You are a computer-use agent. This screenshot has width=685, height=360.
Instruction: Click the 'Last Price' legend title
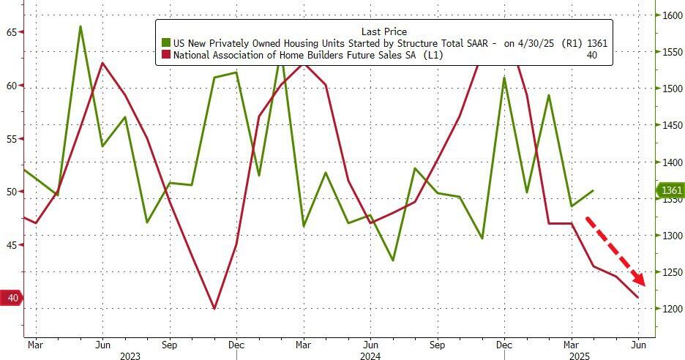tap(384, 31)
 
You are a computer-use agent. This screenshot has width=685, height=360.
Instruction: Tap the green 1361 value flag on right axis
tap(668, 191)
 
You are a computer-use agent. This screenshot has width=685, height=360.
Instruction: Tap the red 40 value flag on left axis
tap(12, 298)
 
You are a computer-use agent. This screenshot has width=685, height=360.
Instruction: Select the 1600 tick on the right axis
tap(672, 15)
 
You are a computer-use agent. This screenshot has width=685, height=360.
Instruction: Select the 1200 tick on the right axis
tap(672, 309)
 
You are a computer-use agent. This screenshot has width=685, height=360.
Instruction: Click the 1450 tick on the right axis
tap(672, 125)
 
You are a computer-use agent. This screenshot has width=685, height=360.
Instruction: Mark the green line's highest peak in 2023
tap(80, 26)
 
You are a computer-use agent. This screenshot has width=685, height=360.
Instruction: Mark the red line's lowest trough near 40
tap(214, 309)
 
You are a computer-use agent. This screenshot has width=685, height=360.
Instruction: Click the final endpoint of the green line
tap(593, 190)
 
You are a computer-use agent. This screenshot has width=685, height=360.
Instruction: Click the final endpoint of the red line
tap(638, 297)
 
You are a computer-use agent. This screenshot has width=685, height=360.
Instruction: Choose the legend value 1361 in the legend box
tap(596, 43)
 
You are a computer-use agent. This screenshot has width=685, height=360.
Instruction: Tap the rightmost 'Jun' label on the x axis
tap(638, 343)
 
